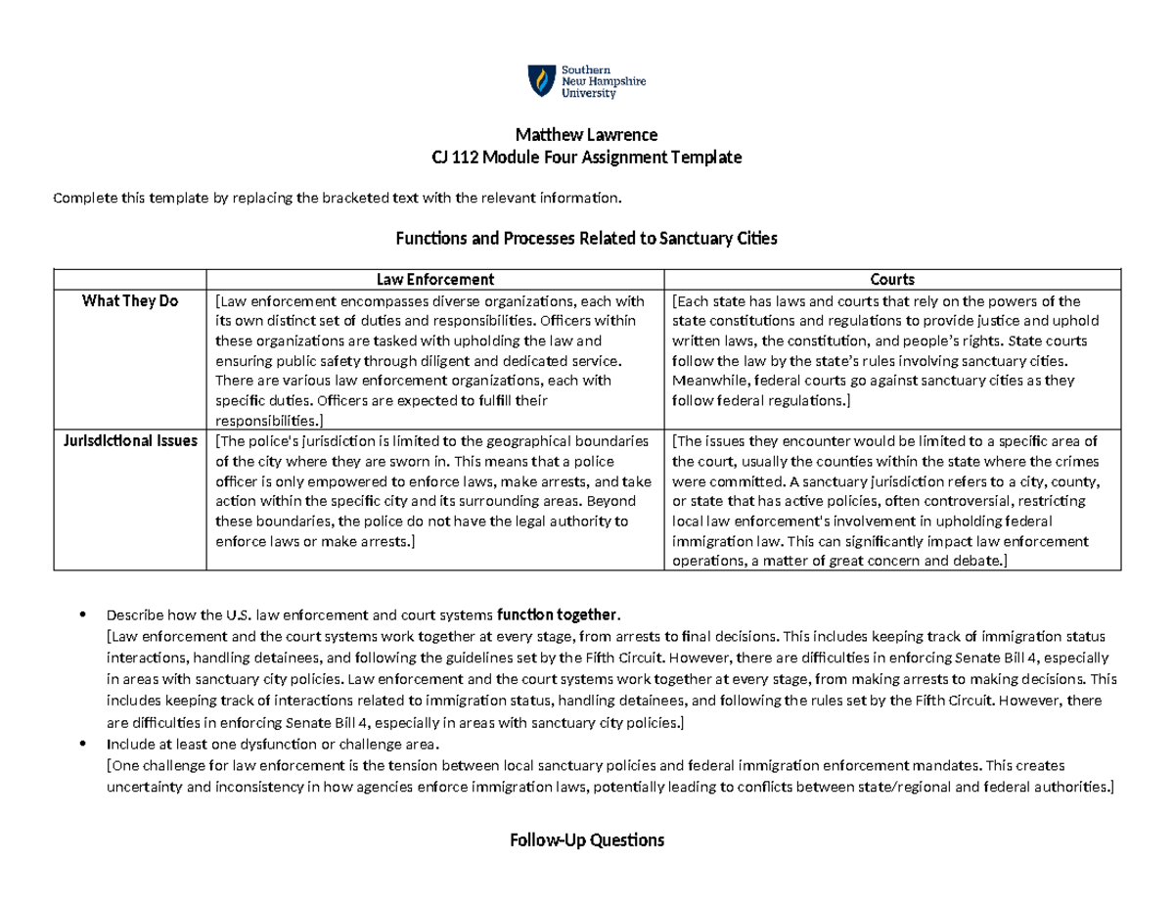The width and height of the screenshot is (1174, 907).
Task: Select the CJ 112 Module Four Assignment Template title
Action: [x=586, y=157]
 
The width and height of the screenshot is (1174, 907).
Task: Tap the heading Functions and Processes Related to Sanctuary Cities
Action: [x=585, y=238]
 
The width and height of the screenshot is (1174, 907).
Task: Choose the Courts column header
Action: [x=895, y=279]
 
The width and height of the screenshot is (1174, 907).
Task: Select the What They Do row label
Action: [x=130, y=301]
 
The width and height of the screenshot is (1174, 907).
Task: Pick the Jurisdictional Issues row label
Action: [x=130, y=440]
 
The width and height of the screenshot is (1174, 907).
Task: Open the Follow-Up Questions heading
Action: [x=586, y=839]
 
